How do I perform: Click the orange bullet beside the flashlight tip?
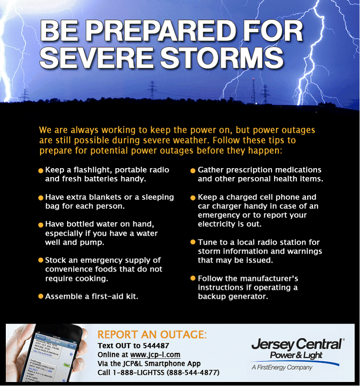pos(41,171)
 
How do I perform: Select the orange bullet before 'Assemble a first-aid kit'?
pos(41,296)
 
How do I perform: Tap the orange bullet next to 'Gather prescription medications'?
pos(193,171)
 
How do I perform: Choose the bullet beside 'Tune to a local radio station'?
pos(193,243)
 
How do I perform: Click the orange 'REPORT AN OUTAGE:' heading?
pos(152,334)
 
